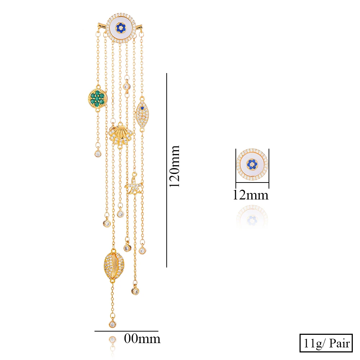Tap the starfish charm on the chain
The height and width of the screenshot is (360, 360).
[134, 185]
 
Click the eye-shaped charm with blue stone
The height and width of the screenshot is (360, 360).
[142, 113]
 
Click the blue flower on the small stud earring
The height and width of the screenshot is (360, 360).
[253, 164]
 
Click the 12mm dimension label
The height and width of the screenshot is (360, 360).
[251, 195]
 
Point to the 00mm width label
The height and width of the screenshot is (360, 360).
[142, 339]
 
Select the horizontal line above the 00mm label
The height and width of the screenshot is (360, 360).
[126, 331]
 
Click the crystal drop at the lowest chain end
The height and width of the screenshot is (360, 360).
[113, 324]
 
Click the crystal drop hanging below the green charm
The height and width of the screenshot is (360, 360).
[98, 154]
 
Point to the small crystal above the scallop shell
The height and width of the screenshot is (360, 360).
[126, 86]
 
